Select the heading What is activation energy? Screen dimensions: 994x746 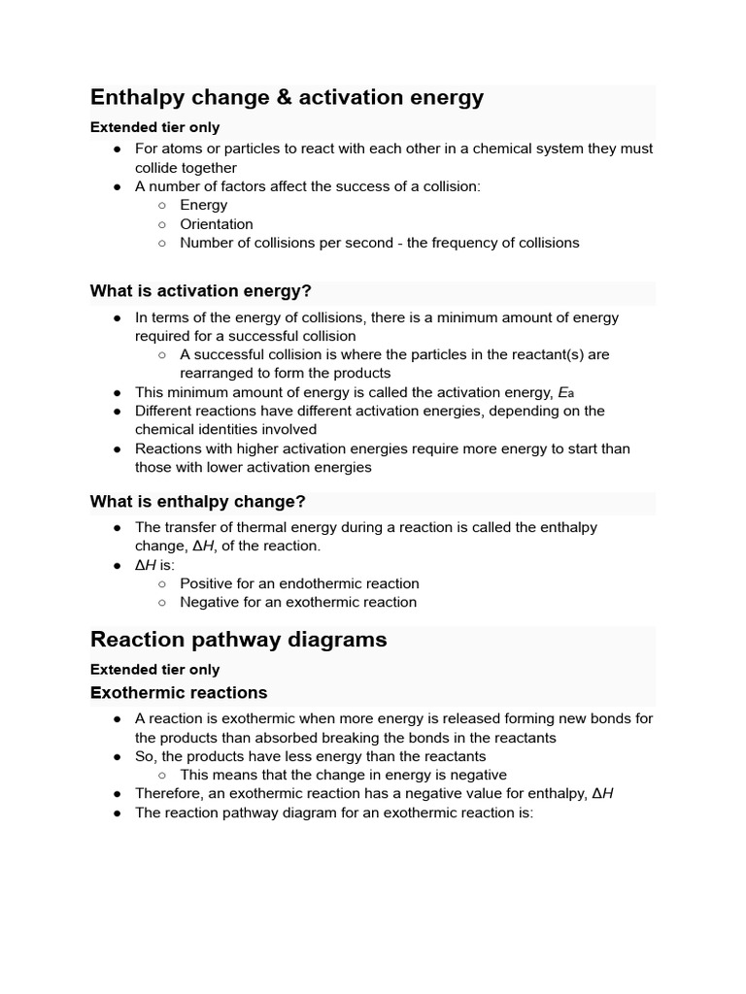click(200, 291)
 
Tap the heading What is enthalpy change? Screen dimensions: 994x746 click(197, 502)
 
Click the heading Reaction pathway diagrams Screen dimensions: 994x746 click(238, 640)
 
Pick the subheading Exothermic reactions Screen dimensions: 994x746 click(178, 693)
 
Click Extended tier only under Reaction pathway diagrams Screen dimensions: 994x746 click(154, 670)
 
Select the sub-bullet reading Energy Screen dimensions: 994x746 click(203, 206)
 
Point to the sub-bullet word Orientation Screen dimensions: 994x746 click(217, 224)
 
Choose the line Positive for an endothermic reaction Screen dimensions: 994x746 click(299, 583)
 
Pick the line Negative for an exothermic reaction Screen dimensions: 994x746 click(298, 602)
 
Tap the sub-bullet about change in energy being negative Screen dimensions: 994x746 click(343, 775)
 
